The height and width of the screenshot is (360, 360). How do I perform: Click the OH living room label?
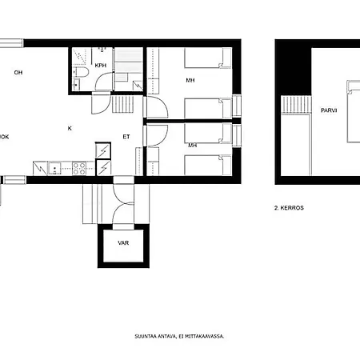click(x=18, y=72)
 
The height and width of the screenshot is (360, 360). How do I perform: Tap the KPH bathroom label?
click(x=101, y=66)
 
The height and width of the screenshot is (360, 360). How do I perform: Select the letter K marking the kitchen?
click(x=70, y=128)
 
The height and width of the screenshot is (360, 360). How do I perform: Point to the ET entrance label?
click(x=126, y=137)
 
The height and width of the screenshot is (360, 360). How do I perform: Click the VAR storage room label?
click(x=123, y=243)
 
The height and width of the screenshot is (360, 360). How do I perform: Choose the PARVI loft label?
click(x=329, y=110)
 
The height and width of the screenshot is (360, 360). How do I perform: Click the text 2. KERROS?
click(x=289, y=208)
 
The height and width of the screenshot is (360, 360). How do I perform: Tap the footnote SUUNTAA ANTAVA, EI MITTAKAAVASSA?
click(x=179, y=336)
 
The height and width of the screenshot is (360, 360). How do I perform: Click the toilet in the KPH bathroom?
click(x=81, y=72)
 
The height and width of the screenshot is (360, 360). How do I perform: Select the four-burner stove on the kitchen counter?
click(x=79, y=169)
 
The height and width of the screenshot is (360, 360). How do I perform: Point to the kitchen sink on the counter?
click(x=54, y=169)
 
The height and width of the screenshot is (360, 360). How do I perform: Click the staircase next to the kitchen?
click(x=122, y=104)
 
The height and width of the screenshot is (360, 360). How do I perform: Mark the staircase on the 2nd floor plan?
click(x=297, y=105)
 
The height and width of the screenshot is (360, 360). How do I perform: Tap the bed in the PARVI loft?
click(x=354, y=111)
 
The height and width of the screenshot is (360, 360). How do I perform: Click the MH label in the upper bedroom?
click(x=190, y=80)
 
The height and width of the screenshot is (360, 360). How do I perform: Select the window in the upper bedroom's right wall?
click(x=237, y=106)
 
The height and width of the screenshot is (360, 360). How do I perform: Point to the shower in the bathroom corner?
click(x=79, y=57)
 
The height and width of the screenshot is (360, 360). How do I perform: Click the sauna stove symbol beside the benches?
click(x=138, y=85)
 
